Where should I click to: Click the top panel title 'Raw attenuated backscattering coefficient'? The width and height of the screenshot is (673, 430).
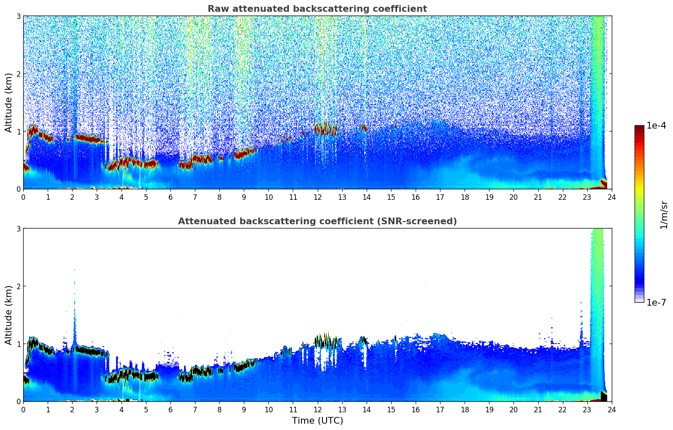[317, 9]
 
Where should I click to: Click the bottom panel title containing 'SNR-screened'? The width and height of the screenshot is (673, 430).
[317, 221]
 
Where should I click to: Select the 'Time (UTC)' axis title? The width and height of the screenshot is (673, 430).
[317, 421]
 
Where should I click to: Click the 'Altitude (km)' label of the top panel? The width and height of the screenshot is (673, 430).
[9, 102]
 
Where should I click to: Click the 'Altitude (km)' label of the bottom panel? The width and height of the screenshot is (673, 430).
[9, 315]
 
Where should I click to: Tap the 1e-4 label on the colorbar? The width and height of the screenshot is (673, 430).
[656, 126]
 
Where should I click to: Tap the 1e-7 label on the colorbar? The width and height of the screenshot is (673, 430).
[656, 302]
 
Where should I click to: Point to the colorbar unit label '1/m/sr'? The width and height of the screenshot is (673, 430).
[664, 215]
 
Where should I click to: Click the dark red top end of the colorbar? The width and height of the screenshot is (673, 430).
[639, 127]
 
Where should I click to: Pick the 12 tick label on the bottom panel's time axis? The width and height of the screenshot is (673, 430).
[317, 410]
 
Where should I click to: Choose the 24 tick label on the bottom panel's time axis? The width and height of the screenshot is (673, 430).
[611, 410]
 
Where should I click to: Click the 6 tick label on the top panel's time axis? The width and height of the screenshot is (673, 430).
[170, 197]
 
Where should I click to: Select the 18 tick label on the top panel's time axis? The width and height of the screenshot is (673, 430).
[465, 197]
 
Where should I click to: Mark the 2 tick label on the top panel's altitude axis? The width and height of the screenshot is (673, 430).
[18, 74]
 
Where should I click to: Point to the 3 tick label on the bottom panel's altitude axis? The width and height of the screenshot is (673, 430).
[18, 228]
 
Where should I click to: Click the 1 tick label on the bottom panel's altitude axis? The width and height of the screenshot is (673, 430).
[18, 344]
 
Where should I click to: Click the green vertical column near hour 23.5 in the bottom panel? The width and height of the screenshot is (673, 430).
[597, 295]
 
